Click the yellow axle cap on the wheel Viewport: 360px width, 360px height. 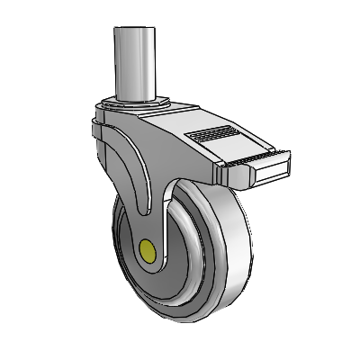point(148,247)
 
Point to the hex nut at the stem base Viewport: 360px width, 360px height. point(135,101)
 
